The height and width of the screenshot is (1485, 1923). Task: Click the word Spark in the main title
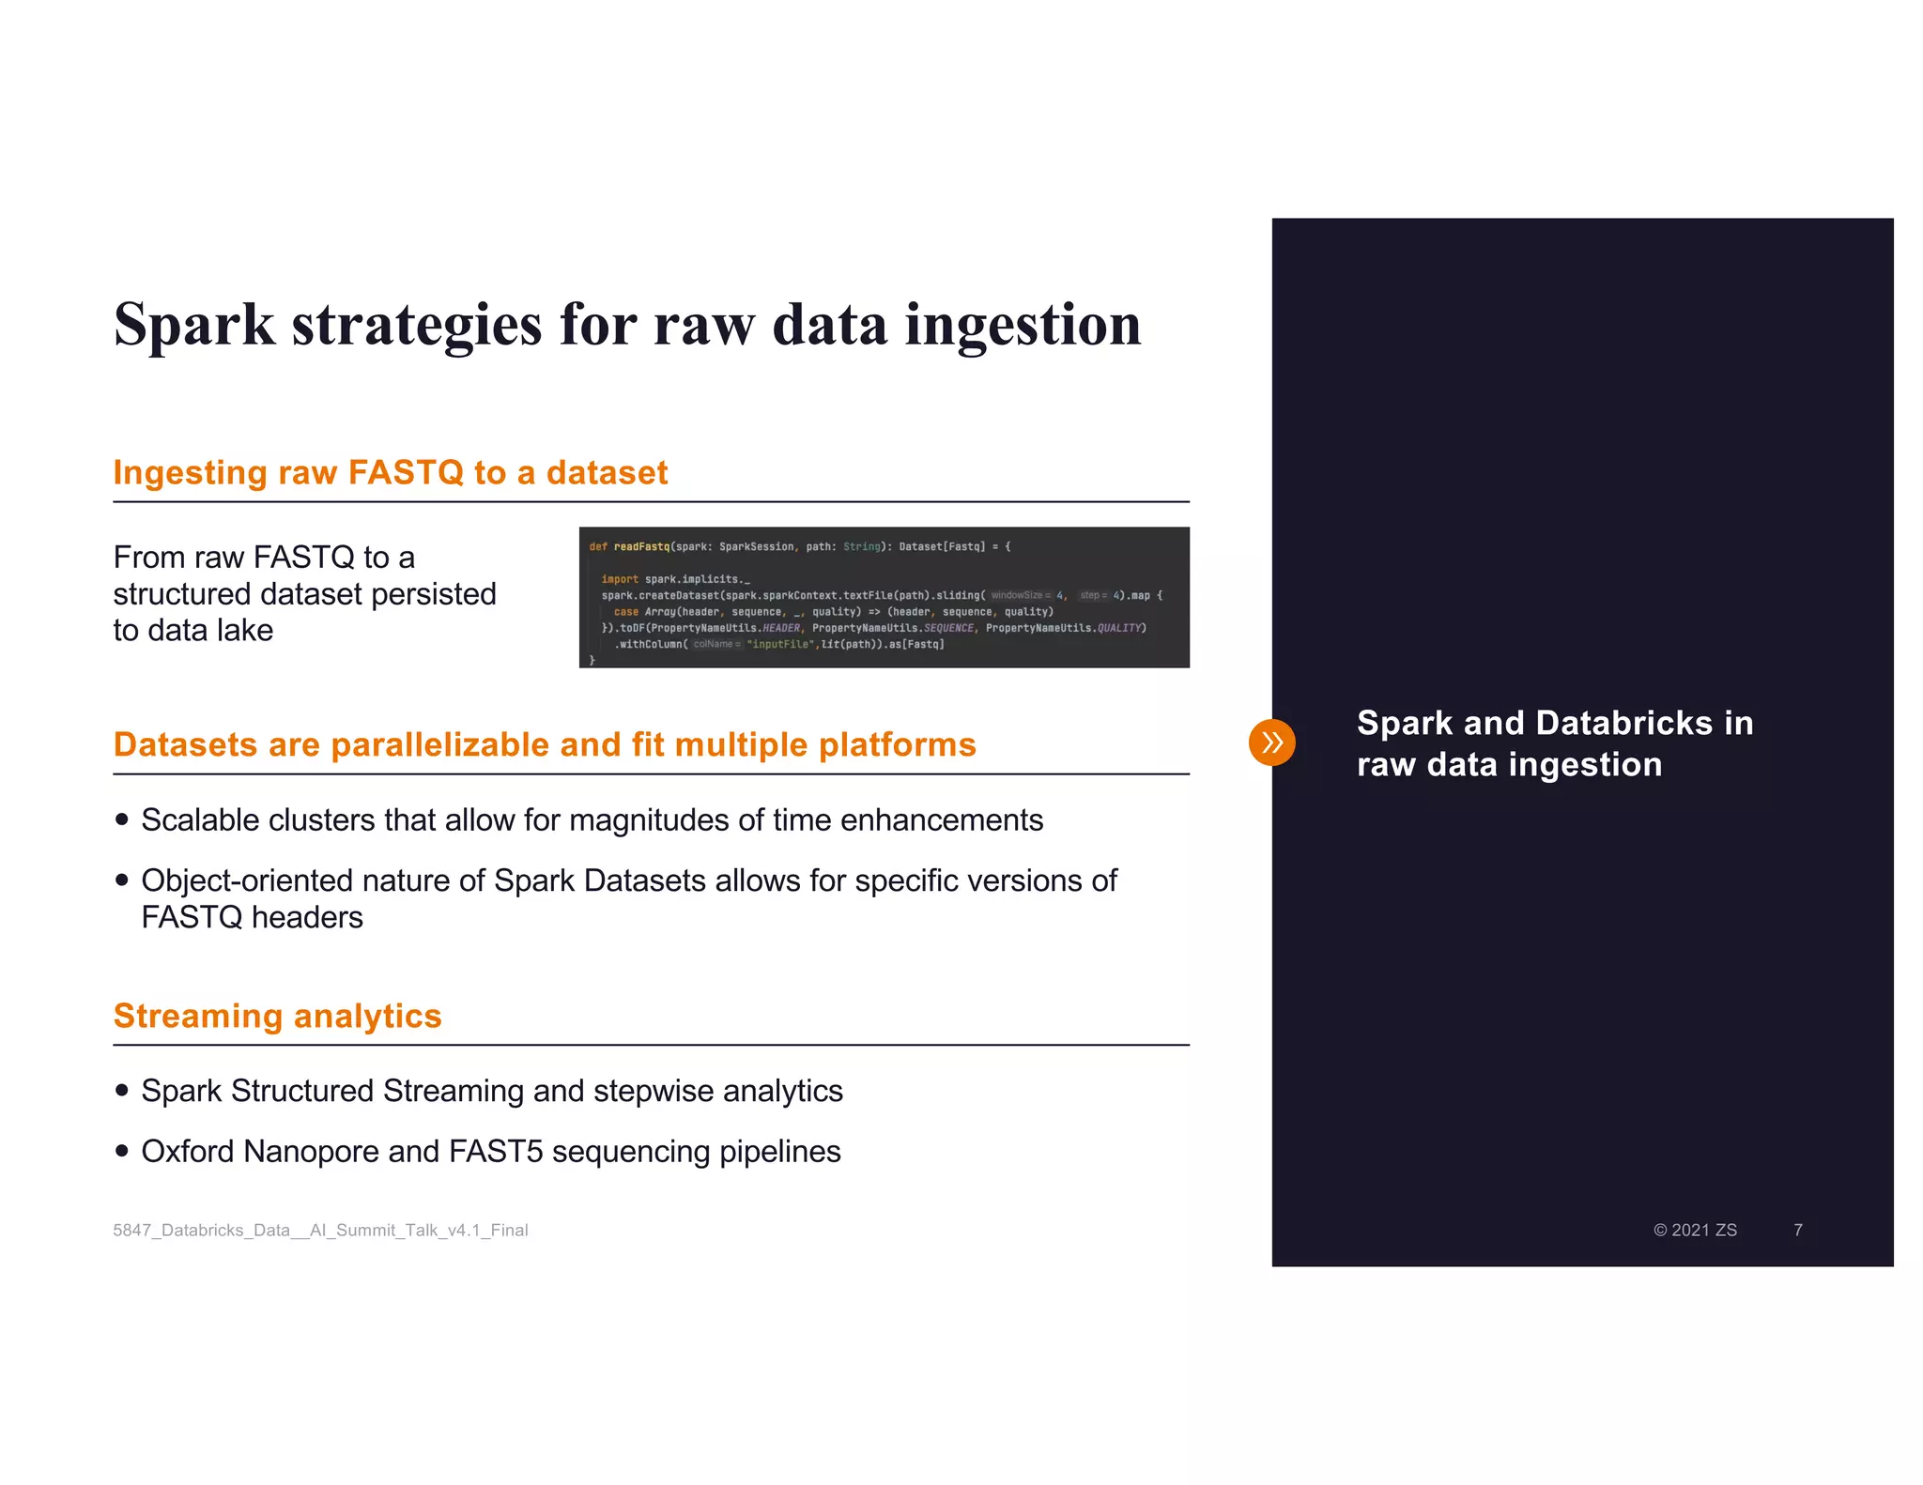tap(194, 326)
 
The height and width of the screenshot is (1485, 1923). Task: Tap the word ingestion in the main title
tap(1023, 326)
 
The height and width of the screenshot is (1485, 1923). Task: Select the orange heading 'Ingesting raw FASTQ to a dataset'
tap(390, 472)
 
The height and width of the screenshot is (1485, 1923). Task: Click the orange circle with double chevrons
tap(1271, 742)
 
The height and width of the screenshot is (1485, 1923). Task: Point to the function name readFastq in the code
tap(641, 546)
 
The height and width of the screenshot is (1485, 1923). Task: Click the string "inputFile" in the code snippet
tap(779, 644)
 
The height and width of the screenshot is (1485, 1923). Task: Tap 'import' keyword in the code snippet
tap(620, 579)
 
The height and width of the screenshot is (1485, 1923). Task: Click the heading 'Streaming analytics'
tap(277, 1016)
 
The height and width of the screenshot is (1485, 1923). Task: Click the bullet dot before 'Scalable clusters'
tap(121, 819)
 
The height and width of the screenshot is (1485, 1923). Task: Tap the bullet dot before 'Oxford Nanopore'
tap(121, 1151)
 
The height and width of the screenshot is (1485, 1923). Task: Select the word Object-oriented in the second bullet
tap(247, 880)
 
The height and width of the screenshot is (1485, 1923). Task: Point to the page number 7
tap(1797, 1230)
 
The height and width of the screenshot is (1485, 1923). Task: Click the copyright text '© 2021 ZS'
tap(1695, 1230)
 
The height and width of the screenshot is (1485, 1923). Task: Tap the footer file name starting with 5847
tap(320, 1230)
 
